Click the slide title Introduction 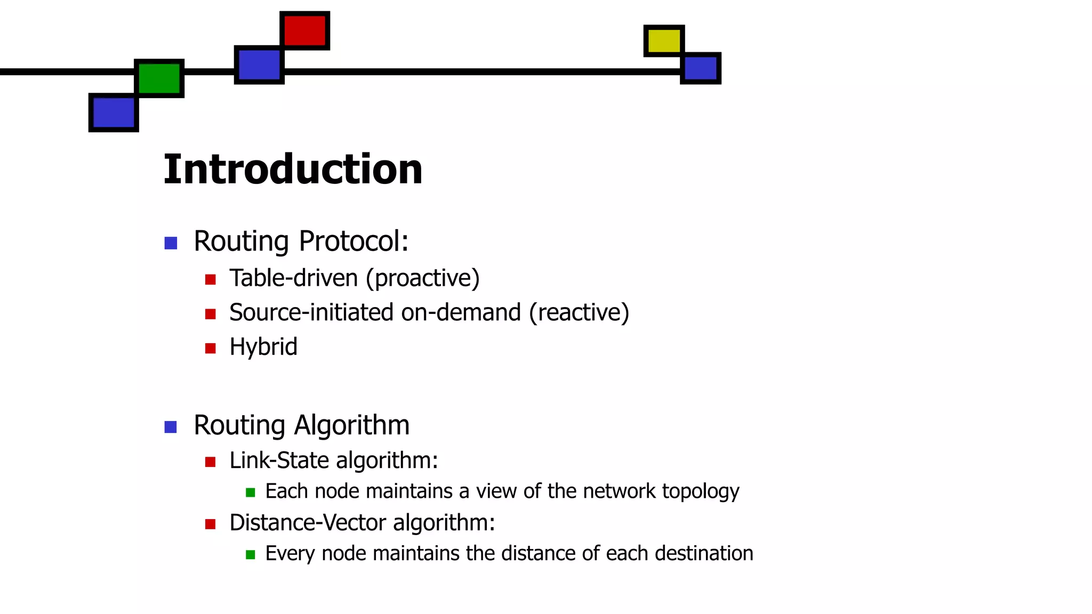coord(293,169)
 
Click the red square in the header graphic coord(304,30)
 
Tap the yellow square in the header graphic coord(664,41)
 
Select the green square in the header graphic coord(159,78)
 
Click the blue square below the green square coord(114,112)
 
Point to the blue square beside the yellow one coord(701,68)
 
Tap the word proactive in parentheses coord(423,278)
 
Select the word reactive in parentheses coord(579,312)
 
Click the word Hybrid coord(263,347)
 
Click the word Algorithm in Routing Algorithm coord(351,425)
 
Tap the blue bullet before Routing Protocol coord(171,243)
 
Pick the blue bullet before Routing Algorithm coord(171,427)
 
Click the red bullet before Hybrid coord(210,349)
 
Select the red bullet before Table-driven coord(210,279)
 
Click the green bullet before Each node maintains coord(250,492)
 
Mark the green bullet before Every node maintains coord(250,555)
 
